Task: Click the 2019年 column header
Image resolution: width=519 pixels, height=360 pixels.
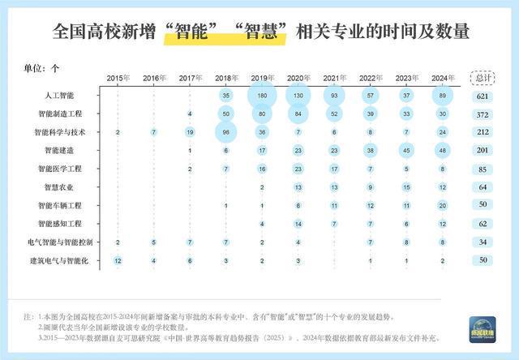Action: (262, 78)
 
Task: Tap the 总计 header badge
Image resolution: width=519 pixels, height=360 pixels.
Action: (485, 78)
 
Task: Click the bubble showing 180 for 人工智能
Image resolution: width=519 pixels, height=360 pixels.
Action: (262, 96)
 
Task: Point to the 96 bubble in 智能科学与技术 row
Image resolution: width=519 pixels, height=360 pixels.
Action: (225, 132)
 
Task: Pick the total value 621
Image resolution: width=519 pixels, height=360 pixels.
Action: (485, 96)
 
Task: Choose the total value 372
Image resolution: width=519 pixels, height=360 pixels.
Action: (485, 114)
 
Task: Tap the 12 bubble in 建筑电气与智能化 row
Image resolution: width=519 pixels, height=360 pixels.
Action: (118, 261)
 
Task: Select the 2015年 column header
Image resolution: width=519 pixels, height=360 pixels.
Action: (118, 78)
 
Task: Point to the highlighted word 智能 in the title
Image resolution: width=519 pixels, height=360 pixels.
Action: (190, 32)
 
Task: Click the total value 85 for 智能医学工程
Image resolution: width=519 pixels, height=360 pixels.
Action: (485, 169)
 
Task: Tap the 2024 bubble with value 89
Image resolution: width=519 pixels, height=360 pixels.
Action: (442, 96)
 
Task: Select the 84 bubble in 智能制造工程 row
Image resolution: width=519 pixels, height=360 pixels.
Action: (298, 114)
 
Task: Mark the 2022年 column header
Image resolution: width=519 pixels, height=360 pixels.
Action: (370, 78)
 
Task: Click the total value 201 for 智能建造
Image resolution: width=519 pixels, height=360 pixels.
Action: (485, 151)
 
